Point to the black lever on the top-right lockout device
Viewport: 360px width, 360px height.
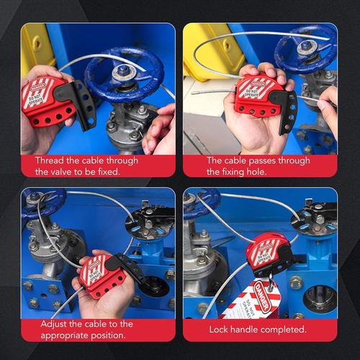(x=288, y=108)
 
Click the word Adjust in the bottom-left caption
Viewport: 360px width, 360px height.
(x=50, y=323)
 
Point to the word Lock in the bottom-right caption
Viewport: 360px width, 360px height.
(x=220, y=329)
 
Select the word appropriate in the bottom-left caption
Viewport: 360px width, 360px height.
(x=63, y=335)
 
